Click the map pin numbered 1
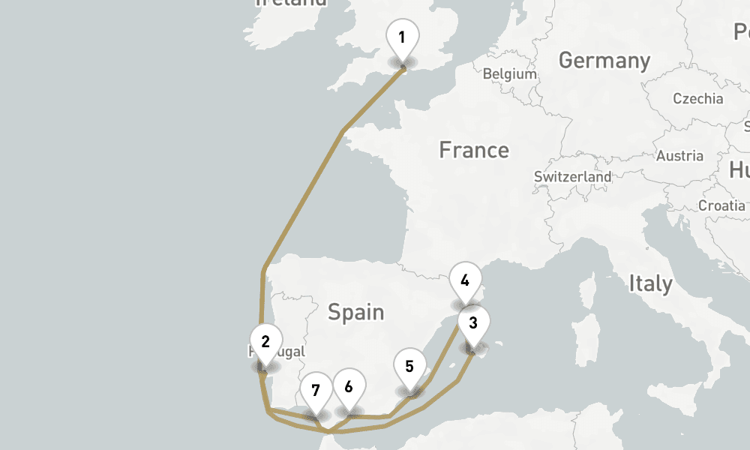403,38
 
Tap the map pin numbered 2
265,343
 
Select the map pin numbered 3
473,324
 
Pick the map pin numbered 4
465,282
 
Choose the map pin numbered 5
409,367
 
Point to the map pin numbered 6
349,388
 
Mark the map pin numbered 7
316,391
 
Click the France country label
473,150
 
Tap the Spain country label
355,312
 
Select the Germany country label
604,61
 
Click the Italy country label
650,284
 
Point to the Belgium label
510,74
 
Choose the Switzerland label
573,177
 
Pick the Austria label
679,156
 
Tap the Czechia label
697,99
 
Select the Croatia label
721,205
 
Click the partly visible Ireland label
291,3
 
